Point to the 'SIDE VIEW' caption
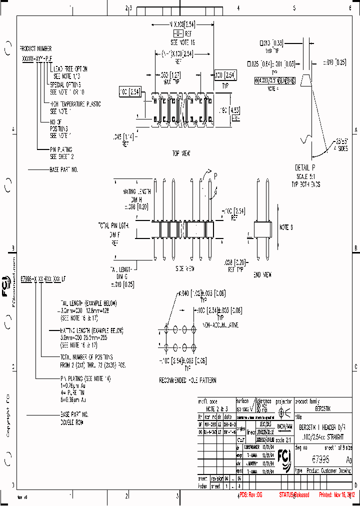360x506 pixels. (184, 269)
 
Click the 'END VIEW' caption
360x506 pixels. (262, 274)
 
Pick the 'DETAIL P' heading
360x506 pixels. (305, 167)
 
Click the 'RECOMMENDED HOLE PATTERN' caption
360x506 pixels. (187, 380)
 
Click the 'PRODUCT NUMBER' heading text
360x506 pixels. (35, 49)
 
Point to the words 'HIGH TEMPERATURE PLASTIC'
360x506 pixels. (75, 104)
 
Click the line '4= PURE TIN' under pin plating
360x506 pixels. (74, 393)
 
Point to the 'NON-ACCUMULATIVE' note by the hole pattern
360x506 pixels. (220, 325)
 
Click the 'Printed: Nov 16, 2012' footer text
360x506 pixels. (336, 495)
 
